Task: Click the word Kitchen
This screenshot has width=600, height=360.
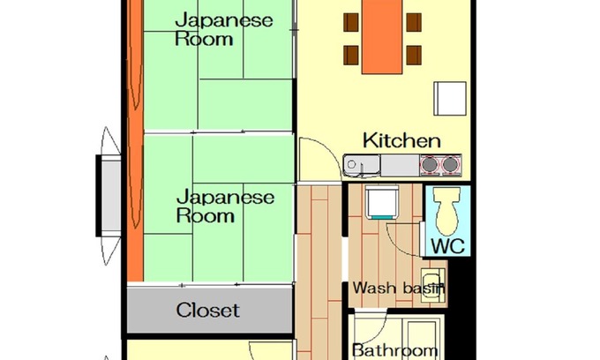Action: tap(401, 140)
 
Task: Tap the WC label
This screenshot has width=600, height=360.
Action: tap(447, 244)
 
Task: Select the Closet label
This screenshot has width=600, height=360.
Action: tap(207, 310)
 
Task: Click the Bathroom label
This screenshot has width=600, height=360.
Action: tap(394, 350)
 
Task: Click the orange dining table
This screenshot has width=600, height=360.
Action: tap(382, 35)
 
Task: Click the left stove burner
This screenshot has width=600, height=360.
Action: tap(430, 163)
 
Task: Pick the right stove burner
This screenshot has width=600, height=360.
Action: tap(451, 163)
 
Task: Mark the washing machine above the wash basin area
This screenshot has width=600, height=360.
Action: tap(383, 203)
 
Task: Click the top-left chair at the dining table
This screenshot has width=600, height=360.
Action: tap(351, 21)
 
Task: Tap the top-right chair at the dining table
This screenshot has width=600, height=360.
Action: tap(413, 21)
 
